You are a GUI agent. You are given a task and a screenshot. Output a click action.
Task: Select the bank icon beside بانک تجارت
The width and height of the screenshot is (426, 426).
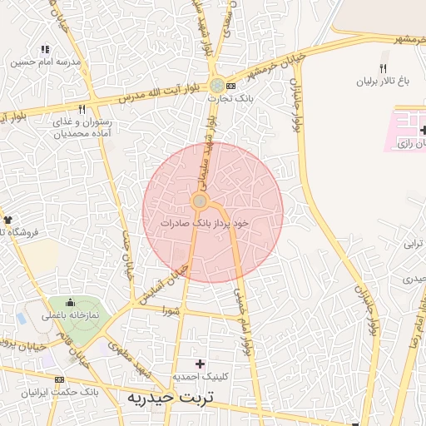click(230, 86)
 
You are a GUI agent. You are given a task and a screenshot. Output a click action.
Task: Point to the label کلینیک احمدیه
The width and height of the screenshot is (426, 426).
click(200, 377)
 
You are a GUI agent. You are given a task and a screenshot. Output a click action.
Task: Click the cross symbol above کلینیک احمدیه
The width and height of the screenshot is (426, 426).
click(200, 364)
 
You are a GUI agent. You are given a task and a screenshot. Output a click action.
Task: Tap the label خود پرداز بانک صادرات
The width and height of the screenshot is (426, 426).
click(206, 223)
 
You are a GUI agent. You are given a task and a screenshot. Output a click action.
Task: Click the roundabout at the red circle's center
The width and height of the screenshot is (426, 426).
click(200, 201)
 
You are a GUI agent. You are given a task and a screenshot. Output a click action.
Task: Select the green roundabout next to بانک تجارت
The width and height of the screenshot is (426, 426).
click(216, 85)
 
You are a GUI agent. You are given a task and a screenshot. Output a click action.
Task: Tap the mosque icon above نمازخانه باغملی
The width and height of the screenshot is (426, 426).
click(69, 303)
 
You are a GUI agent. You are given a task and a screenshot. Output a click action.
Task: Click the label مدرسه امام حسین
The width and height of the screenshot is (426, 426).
click(46, 62)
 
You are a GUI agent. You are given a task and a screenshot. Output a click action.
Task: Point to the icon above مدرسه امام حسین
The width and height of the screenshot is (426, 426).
click(45, 50)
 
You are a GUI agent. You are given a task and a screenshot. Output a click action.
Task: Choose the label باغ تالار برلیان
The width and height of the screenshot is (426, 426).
click(384, 82)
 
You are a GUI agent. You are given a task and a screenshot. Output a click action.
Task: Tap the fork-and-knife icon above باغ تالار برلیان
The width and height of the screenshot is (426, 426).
click(383, 69)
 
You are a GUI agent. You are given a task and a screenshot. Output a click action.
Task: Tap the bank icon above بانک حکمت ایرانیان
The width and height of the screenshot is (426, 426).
click(58, 379)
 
